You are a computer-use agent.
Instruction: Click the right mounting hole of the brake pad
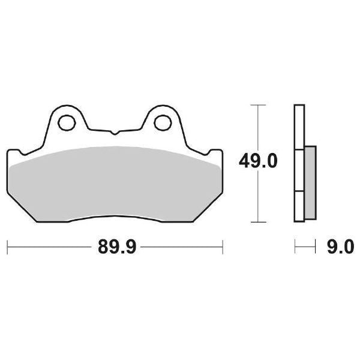pos(161,122)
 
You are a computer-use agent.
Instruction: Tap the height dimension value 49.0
pos(258,161)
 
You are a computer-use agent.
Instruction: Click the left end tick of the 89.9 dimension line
pos(7,246)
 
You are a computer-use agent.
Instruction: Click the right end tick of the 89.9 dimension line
pos(223,246)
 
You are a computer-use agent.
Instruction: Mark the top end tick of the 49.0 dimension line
pos(257,105)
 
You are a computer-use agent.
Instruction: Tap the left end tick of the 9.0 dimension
pos(295,246)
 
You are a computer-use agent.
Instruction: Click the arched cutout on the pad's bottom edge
pos(114,218)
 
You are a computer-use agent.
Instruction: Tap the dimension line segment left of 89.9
pos(48,246)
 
